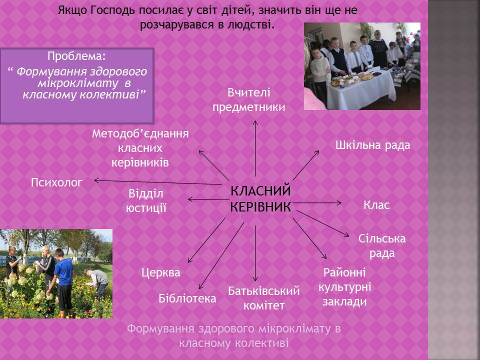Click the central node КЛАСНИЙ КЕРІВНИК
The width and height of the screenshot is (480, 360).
point(260,199)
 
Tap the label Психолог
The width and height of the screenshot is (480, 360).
point(57,182)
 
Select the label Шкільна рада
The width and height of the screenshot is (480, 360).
point(372,145)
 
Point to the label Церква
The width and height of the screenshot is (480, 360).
point(160,272)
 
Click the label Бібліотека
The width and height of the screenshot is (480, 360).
point(187,298)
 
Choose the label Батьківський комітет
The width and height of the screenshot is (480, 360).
point(264,298)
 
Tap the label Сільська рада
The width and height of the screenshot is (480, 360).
point(382,246)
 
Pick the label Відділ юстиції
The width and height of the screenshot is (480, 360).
point(146,201)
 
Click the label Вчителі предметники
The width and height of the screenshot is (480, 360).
point(248,100)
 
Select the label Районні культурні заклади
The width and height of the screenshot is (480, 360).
point(344,287)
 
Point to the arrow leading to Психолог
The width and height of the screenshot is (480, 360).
point(157,182)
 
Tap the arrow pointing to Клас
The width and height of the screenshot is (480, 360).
point(317,202)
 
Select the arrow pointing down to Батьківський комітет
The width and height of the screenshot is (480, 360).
point(255,253)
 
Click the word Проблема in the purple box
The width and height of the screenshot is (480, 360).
point(76,56)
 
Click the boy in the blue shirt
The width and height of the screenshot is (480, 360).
point(63,281)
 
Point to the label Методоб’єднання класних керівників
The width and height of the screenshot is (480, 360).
point(140,148)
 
